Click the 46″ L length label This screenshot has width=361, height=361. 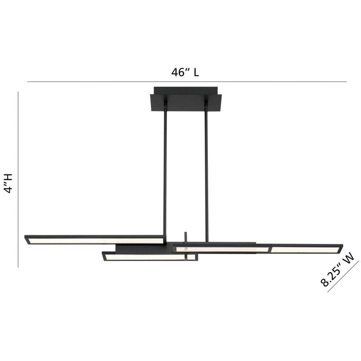(x=185, y=72)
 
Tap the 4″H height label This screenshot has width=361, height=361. (x=9, y=183)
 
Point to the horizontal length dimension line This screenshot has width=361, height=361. (x=187, y=82)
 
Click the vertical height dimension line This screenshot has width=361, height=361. (x=18, y=179)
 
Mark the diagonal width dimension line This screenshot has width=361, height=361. (x=343, y=276)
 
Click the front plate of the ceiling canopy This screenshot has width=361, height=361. (x=186, y=103)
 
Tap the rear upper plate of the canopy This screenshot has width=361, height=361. (x=186, y=90)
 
